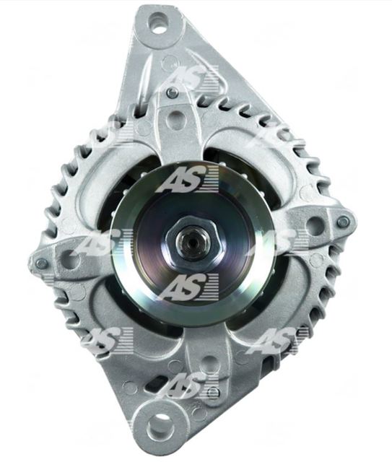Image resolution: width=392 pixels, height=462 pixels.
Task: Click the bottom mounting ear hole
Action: click(x=159, y=426)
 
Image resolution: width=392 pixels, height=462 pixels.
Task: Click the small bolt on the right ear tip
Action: click(x=342, y=219)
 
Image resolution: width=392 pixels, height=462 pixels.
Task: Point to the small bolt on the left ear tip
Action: click(x=41, y=261)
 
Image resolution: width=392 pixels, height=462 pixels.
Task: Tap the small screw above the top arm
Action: click(x=173, y=93)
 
